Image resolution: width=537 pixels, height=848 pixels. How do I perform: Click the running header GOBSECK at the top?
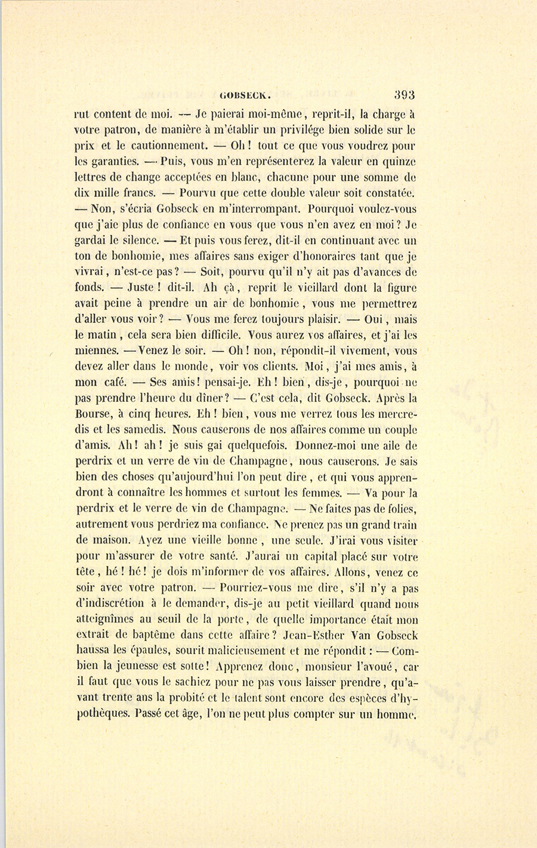[x=246, y=94]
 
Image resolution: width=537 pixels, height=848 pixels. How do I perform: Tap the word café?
[x=109, y=382]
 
